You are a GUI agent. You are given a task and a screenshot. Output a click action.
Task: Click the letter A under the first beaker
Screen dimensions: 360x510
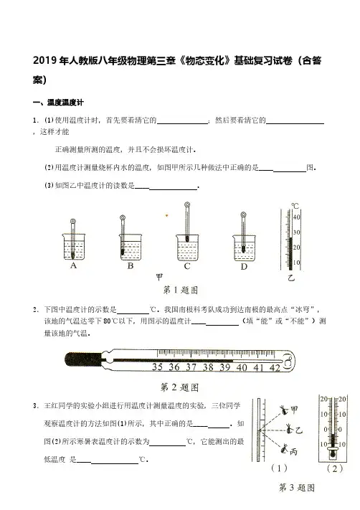(73, 265)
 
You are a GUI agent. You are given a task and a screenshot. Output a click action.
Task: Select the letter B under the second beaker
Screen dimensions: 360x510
(131, 265)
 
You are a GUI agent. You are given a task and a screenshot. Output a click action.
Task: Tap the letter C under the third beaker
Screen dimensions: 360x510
(187, 266)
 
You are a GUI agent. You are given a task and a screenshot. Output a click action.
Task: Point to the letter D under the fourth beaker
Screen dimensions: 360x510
(244, 267)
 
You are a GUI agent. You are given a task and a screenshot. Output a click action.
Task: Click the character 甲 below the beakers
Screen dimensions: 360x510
(159, 277)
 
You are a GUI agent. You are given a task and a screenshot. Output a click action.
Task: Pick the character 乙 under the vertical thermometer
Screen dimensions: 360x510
(291, 278)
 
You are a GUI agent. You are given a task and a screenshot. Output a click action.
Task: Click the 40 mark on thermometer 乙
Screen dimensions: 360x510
(297, 217)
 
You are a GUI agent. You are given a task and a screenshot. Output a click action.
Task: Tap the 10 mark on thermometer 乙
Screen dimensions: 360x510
(297, 263)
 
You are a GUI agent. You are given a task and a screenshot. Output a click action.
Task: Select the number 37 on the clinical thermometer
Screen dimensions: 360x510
(191, 367)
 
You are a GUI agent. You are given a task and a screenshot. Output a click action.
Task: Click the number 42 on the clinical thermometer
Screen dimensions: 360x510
(275, 367)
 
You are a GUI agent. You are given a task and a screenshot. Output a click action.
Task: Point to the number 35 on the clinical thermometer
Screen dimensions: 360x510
(157, 367)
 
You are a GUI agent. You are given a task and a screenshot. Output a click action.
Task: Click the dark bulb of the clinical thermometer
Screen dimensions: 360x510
(83, 359)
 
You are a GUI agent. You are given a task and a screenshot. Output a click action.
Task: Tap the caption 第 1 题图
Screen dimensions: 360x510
(181, 290)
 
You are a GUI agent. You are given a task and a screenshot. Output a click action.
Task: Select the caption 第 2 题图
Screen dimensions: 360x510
(179, 387)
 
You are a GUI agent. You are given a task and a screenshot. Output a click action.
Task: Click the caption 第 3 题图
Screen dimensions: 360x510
(297, 488)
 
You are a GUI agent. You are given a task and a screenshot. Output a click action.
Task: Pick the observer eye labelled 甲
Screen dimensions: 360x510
(285, 410)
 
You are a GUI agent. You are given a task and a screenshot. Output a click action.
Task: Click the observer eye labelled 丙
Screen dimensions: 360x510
(285, 449)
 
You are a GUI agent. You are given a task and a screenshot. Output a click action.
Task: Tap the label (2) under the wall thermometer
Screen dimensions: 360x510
(335, 468)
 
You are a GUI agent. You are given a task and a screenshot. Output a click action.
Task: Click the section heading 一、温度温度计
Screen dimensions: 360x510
(59, 103)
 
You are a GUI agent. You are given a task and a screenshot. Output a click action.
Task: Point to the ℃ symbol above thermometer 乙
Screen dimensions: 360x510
(295, 206)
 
